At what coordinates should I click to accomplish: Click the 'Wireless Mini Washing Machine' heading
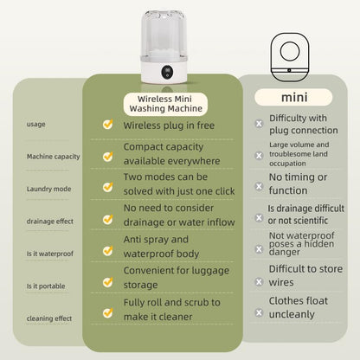coord(164,103)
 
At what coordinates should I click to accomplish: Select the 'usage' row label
coord(36,124)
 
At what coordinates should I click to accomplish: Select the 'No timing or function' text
coord(299,183)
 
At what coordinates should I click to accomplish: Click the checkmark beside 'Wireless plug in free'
coord(107,125)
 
